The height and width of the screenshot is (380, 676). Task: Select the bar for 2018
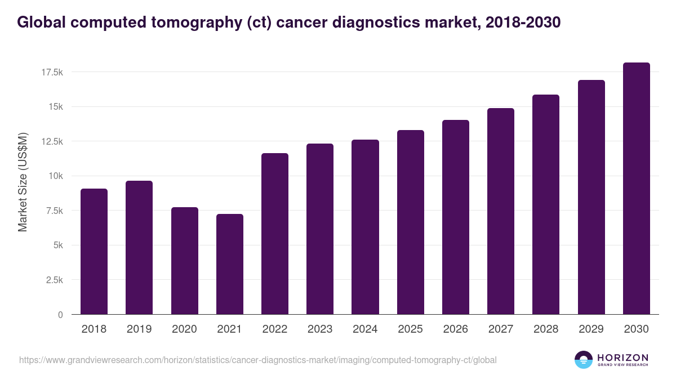tap(94, 252)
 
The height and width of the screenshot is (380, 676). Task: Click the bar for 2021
tap(229, 264)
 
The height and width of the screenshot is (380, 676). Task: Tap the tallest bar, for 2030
tap(636, 189)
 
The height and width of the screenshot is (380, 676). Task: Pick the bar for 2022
tap(274, 234)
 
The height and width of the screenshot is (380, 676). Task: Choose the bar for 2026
tap(455, 217)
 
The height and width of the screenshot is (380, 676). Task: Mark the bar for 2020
tap(184, 261)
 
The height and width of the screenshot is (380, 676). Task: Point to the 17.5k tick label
tap(52, 72)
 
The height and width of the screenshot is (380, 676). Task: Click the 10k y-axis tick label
tap(55, 176)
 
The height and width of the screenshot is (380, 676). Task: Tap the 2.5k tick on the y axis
tap(54, 280)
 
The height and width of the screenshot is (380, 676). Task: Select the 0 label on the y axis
tap(60, 315)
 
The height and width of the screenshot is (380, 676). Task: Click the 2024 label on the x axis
tap(365, 329)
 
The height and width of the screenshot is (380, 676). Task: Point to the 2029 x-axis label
tap(591, 329)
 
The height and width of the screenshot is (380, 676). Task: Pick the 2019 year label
tap(139, 329)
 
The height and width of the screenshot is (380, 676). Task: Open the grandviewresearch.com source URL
tap(257, 360)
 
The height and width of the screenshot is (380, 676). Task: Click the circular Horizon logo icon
tap(584, 360)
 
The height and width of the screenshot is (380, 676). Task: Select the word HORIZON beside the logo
tap(622, 357)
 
